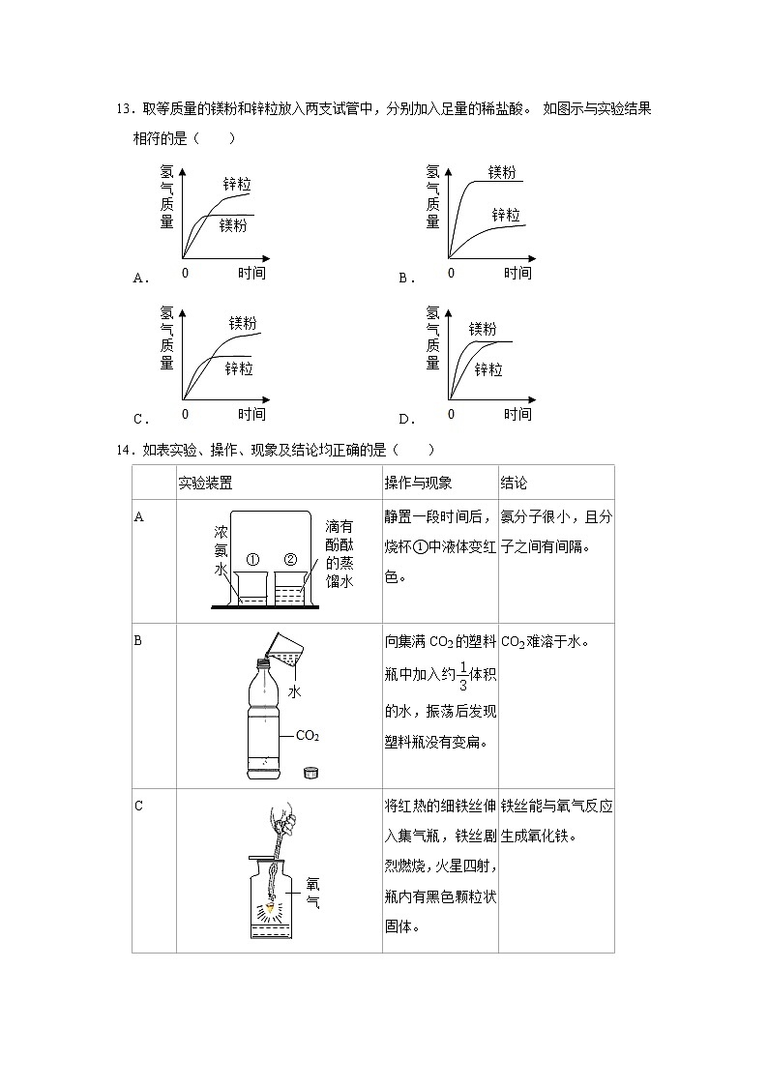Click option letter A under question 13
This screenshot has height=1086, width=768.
click(140, 279)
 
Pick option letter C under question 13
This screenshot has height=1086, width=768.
click(140, 420)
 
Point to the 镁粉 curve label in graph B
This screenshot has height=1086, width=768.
click(502, 172)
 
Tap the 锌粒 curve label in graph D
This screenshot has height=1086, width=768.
click(487, 369)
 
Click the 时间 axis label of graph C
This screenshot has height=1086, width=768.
click(251, 414)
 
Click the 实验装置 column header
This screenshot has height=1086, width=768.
click(205, 483)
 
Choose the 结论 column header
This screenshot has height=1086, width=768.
click(514, 483)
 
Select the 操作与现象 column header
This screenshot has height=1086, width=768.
click(418, 483)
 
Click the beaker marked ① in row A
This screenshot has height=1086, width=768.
click(251, 588)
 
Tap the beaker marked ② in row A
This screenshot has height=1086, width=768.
click(289, 588)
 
